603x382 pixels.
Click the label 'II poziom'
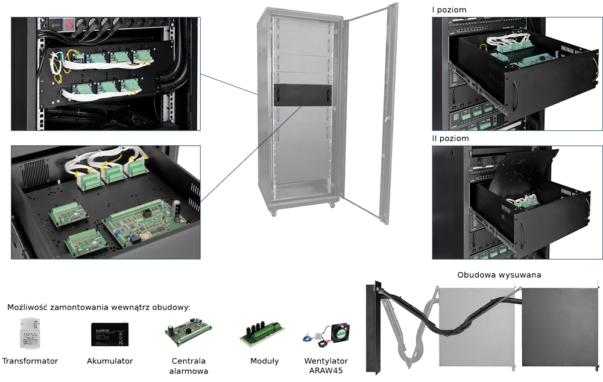point(450,138)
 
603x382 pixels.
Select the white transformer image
point(30,333)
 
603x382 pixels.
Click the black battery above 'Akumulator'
point(109,334)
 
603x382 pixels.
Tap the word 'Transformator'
point(30,361)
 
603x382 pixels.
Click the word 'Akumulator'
point(110,361)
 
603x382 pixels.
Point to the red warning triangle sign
point(69,25)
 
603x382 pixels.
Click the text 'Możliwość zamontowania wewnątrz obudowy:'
point(98,308)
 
